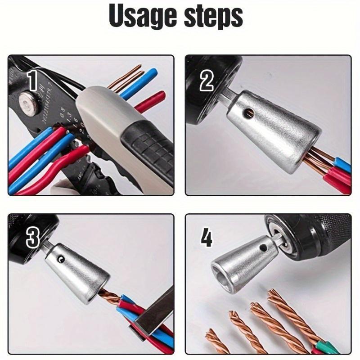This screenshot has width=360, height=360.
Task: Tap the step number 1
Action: pos(32,81)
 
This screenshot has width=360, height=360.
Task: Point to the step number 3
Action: pos(32,238)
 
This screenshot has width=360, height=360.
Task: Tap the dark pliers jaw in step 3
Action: pos(153,310)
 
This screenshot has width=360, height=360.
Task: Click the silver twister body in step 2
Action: pos(270,130)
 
